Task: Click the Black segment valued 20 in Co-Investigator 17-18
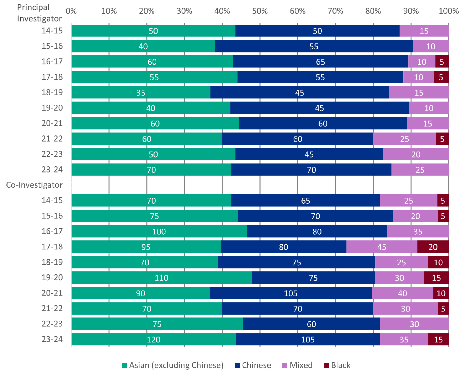433,247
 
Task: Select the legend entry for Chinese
253,365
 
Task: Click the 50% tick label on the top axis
260,11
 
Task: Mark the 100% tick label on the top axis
449,11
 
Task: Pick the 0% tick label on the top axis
71,11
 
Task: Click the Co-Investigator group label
34,185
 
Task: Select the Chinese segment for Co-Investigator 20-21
291,293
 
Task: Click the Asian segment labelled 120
154,339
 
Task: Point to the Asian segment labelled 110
161,277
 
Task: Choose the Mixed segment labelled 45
382,247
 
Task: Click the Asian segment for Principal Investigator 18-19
141,92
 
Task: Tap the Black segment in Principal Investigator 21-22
442,139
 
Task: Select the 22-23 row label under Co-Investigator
52,324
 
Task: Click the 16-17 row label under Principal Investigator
52,62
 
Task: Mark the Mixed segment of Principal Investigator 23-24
420,170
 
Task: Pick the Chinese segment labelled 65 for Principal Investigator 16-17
320,62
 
